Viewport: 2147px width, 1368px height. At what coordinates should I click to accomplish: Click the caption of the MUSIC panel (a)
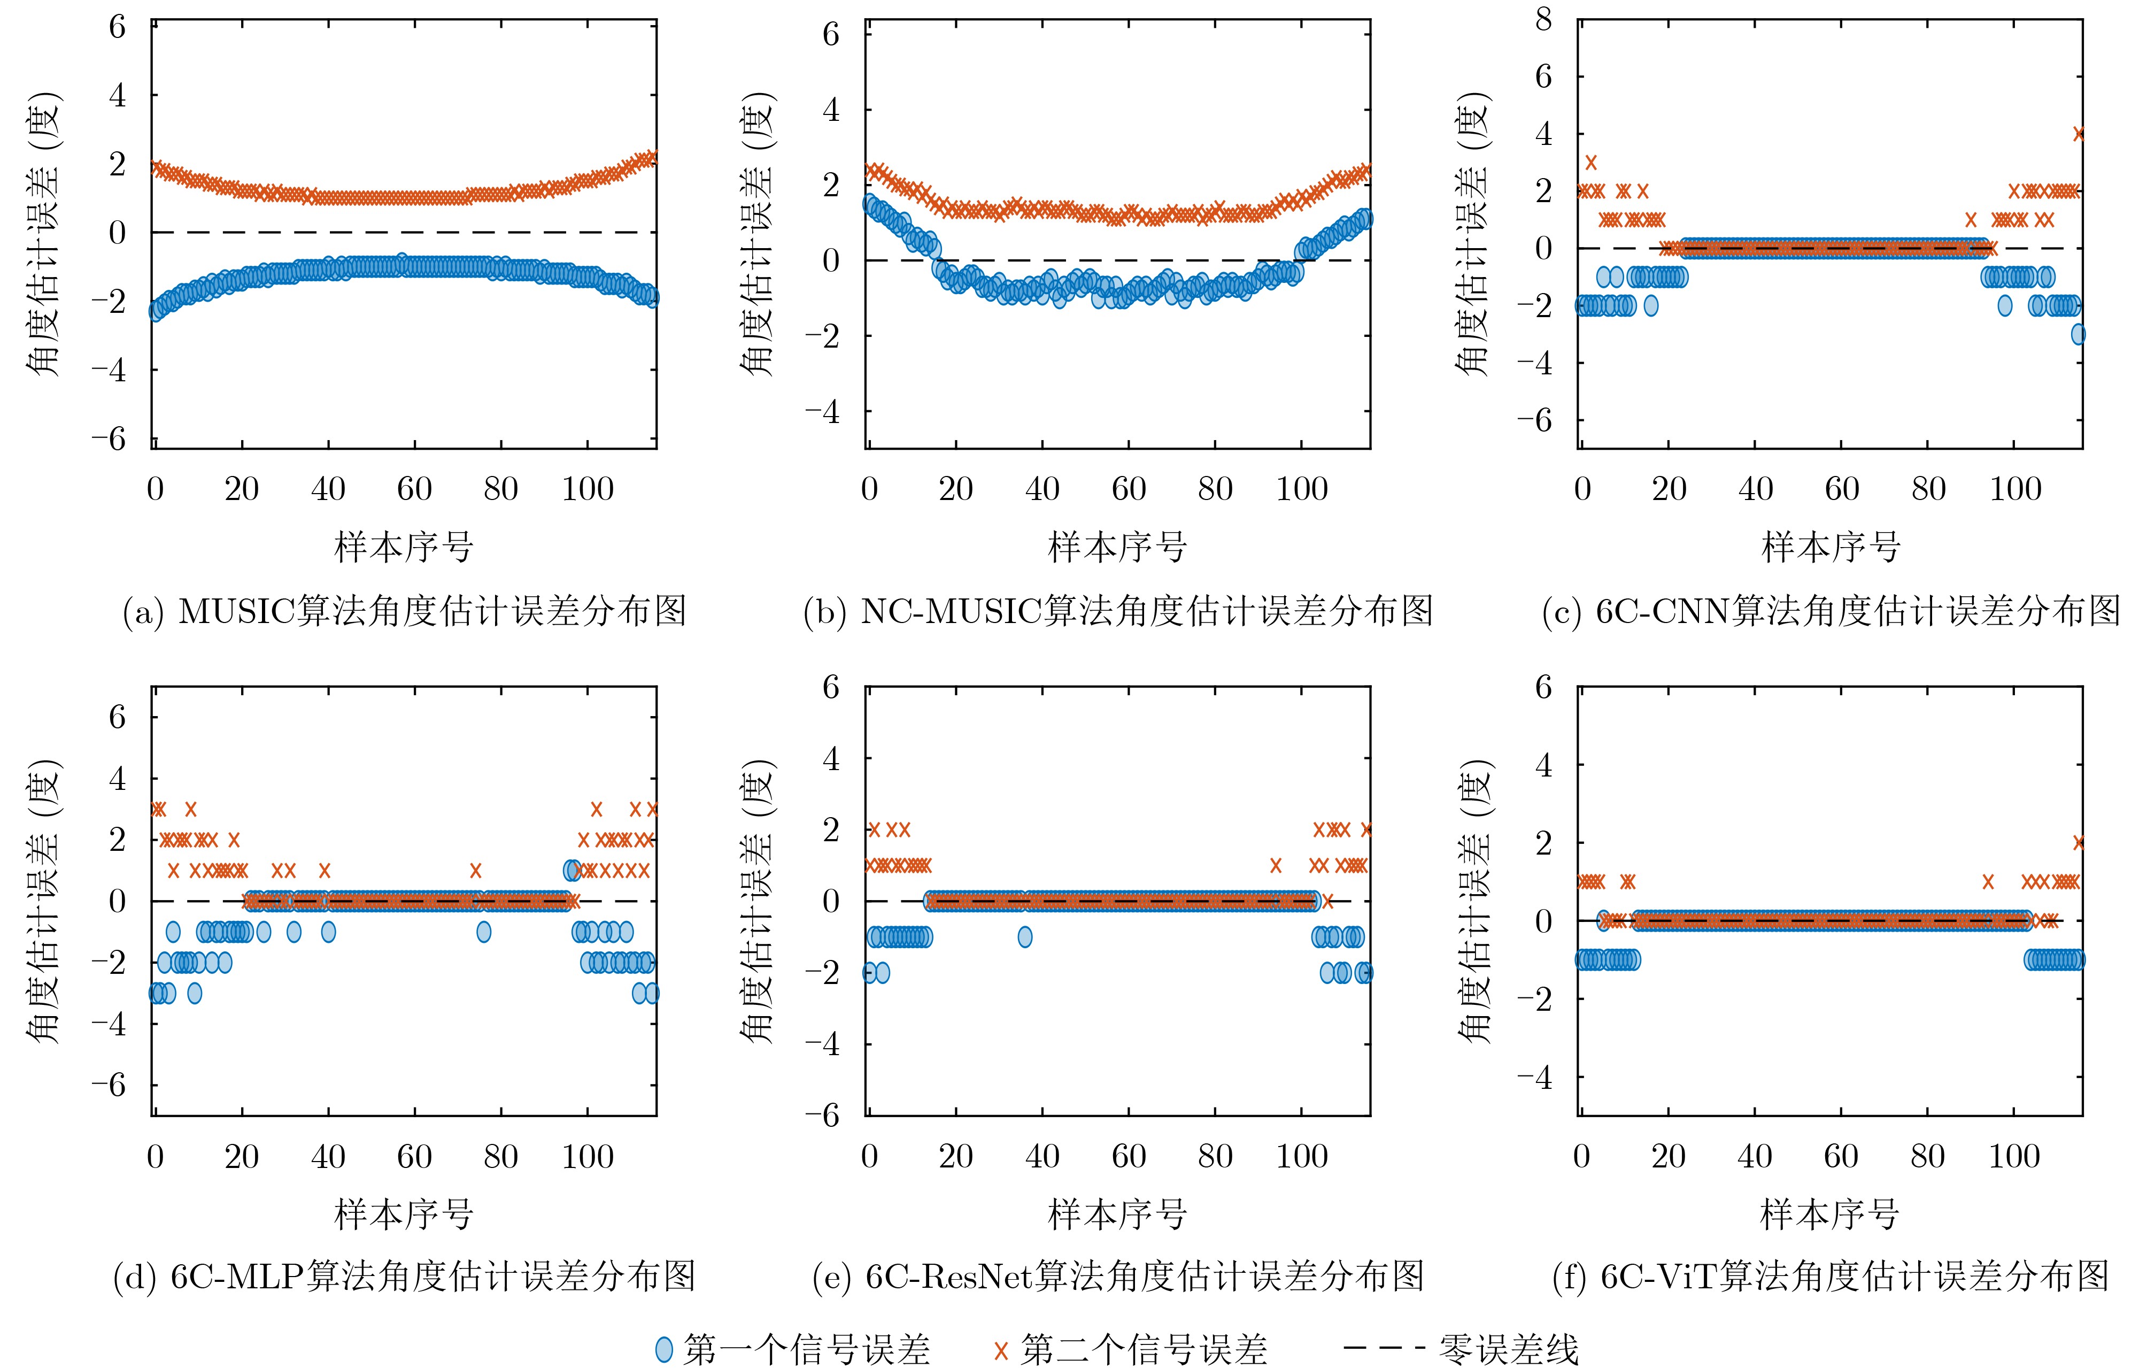[x=404, y=612]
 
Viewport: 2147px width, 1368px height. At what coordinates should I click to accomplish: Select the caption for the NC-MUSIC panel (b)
[x=1118, y=612]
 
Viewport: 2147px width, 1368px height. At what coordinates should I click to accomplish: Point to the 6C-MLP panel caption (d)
[x=404, y=1277]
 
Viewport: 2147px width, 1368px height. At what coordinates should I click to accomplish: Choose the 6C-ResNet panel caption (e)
[x=1118, y=1277]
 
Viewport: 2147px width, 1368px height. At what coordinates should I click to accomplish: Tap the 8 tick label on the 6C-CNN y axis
[x=1543, y=20]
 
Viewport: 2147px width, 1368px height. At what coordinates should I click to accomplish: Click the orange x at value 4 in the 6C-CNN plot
[x=2079, y=134]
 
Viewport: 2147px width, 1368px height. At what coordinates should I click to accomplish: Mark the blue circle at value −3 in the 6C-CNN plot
[x=2079, y=334]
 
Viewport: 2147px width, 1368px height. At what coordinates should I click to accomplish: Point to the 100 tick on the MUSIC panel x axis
[x=588, y=489]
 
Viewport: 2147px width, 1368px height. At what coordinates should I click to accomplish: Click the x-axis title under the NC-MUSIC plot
[x=1117, y=547]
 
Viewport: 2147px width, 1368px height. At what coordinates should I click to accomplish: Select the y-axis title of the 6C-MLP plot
[x=43, y=901]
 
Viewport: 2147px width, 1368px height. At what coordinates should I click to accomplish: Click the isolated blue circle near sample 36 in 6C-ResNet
[x=1025, y=936]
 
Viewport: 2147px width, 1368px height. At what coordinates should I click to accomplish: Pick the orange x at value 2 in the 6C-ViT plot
[x=2079, y=842]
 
